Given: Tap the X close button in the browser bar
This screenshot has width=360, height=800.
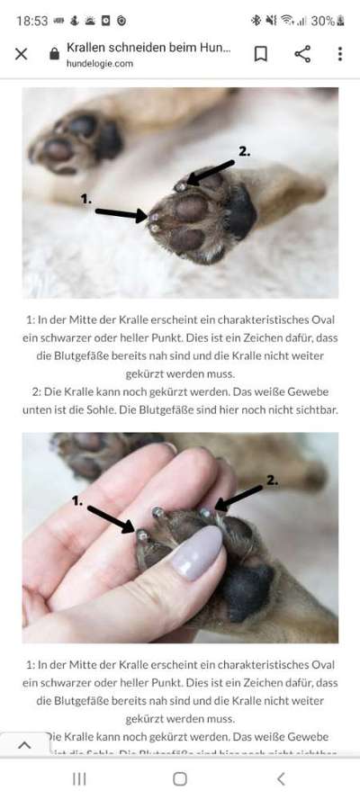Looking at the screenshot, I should click(x=22, y=54).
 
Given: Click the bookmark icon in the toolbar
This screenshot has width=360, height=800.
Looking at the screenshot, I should click(x=260, y=54).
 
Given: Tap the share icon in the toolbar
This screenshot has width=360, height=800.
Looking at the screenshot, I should click(x=302, y=54).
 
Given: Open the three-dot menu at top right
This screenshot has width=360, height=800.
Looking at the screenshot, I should click(x=339, y=54).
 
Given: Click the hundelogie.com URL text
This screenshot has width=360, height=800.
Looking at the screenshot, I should click(x=100, y=64).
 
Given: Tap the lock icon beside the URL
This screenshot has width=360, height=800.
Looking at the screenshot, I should click(x=54, y=54).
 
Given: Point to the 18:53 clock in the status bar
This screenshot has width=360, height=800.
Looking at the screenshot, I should click(x=31, y=20).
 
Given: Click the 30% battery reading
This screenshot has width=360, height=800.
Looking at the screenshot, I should click(x=323, y=20).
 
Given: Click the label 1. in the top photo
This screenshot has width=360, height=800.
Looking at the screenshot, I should click(x=86, y=198).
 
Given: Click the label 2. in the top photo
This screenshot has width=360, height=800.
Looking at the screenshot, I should click(x=244, y=151).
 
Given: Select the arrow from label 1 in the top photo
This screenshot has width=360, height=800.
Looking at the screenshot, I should click(x=121, y=214).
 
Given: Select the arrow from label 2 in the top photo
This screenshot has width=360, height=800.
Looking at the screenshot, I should click(x=211, y=172).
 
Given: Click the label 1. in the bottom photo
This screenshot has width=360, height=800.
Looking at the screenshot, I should click(x=77, y=499).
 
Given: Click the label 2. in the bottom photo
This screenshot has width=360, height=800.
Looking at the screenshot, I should click(x=272, y=480).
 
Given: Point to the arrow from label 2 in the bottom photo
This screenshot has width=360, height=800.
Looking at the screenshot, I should click(x=240, y=498).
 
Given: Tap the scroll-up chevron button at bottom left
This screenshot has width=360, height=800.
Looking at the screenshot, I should click(x=24, y=745).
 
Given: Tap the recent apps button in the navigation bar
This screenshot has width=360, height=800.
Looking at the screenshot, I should click(x=79, y=779).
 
